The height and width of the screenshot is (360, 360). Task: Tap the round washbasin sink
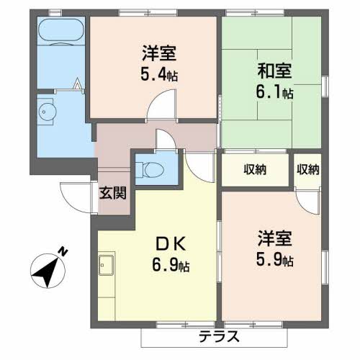point(48,112)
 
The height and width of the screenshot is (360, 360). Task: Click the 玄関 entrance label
point(113,192)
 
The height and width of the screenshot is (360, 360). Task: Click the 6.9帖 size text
point(167,266)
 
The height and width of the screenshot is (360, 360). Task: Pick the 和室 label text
point(274,72)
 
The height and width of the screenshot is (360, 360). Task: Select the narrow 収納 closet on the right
point(307,170)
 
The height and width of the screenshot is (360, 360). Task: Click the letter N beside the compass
point(63,251)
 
